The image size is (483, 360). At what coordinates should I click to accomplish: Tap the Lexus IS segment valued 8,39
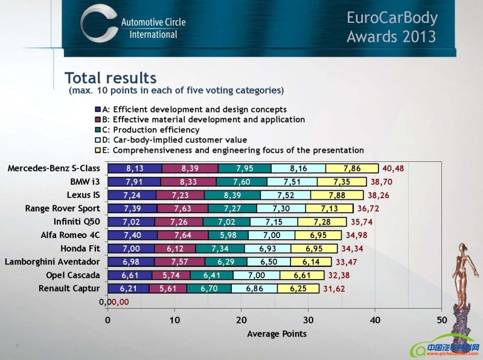coord(232,195)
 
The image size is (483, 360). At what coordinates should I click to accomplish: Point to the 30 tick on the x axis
coord(308,320)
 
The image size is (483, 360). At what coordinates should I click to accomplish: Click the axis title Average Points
coord(277,333)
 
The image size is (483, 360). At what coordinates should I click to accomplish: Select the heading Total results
coord(110,78)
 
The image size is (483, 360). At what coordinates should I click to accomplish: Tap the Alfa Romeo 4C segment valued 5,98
coord(228,235)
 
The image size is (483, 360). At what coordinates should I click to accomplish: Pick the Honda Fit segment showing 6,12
coord(175,248)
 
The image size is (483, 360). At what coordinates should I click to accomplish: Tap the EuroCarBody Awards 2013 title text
coord(391,27)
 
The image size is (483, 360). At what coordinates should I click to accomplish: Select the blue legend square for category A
coord(98,109)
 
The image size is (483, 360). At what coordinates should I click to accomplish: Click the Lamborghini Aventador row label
coord(53,262)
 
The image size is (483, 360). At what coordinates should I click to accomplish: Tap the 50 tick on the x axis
coord(441,320)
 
